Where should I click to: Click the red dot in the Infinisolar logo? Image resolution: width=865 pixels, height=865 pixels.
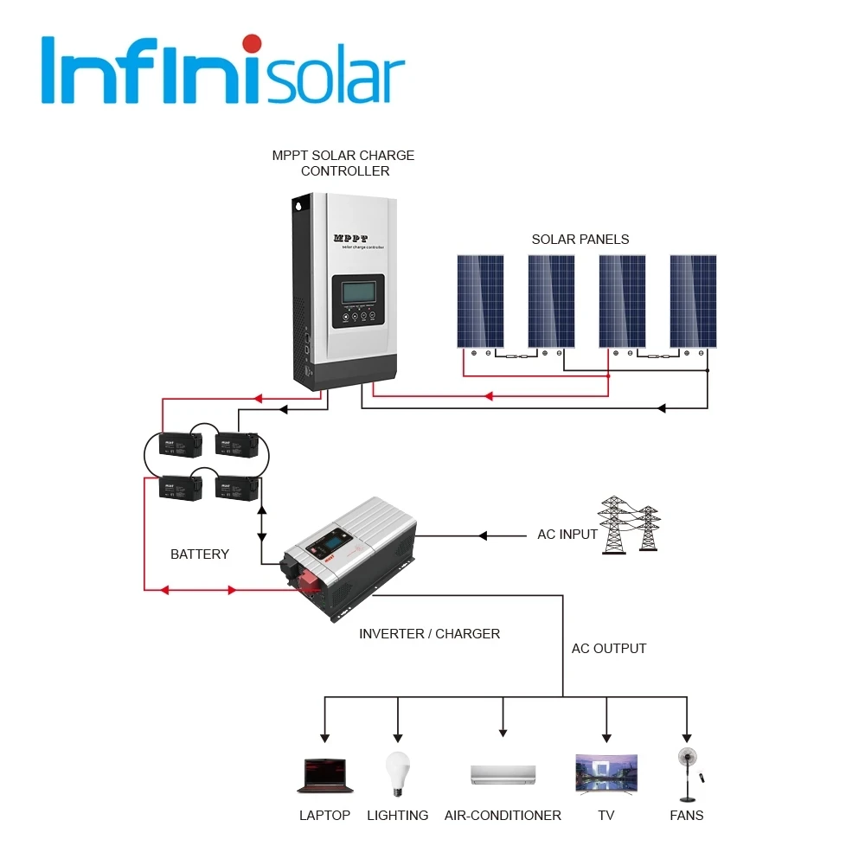pos(252,43)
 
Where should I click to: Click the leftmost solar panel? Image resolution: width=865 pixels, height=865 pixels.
pos(481,301)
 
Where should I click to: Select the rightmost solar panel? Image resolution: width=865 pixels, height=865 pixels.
pos(693,301)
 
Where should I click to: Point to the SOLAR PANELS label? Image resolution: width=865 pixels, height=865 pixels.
pos(580,239)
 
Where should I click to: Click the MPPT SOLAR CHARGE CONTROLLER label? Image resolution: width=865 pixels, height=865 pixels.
pos(343,163)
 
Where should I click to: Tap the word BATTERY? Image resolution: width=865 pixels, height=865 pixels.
pos(200,554)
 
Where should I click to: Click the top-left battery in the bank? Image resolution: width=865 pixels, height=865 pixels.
pos(180,445)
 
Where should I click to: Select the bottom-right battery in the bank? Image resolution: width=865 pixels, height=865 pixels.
pos(236,488)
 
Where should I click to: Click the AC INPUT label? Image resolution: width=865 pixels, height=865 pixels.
pos(567,535)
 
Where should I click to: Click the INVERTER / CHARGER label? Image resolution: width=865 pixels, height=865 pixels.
pos(429,633)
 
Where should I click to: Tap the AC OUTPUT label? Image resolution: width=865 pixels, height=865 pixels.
pos(609,648)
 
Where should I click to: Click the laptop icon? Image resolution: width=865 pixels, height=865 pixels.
pos(324,776)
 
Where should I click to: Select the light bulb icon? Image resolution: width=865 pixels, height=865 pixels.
pos(397,772)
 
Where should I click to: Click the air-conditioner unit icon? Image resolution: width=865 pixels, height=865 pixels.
pos(503,774)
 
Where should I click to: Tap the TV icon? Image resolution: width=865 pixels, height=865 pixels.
pos(606,773)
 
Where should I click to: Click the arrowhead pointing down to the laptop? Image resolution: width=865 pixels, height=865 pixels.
pos(324,736)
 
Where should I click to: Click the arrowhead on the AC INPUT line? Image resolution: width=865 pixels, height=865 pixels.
pos(484,536)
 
